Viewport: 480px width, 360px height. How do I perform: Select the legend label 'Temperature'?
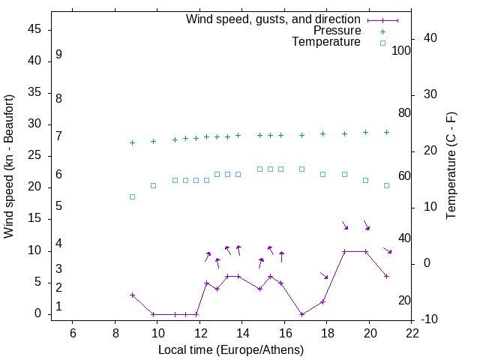point(326,42)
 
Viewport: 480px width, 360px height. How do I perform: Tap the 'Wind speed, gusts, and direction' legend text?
point(273,19)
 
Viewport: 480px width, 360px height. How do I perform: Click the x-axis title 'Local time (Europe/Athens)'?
point(231,349)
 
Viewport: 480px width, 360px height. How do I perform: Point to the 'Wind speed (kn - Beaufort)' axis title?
point(9,166)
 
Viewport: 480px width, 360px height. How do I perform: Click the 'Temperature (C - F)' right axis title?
point(451,166)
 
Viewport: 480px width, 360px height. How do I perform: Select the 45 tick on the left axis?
point(34,29)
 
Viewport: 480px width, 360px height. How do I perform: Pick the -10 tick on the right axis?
point(412,319)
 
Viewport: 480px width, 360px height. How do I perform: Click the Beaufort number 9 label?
point(58,55)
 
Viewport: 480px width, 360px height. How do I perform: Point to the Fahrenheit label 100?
point(402,51)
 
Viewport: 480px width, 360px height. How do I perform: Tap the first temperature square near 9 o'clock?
point(132,196)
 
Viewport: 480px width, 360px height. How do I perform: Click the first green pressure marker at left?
point(132,142)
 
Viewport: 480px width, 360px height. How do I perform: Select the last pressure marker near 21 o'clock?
point(386,132)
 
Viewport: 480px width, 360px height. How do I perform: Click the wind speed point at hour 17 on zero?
point(301,314)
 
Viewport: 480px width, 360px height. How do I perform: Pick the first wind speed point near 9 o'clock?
point(132,295)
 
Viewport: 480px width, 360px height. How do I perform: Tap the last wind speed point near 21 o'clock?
point(386,276)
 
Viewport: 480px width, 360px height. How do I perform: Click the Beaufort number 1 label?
point(58,306)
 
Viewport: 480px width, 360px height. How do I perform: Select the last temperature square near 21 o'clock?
point(386,185)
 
